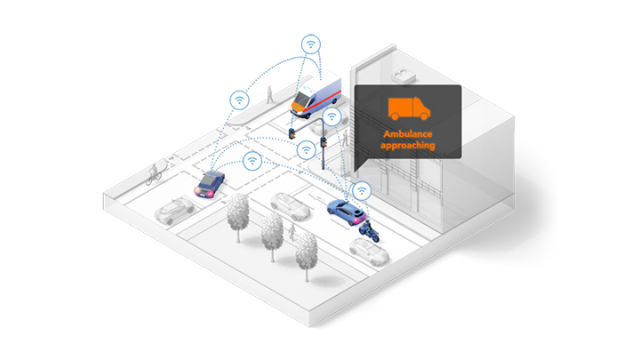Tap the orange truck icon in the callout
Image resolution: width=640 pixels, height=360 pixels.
[x=408, y=108]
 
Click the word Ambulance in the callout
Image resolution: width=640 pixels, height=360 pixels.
[x=408, y=133]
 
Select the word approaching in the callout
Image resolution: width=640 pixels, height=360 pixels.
[x=408, y=144]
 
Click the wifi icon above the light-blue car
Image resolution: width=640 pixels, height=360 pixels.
[x=361, y=190]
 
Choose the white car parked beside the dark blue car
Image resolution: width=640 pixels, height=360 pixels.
[x=173, y=210]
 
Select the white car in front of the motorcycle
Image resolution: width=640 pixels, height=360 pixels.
[x=368, y=251]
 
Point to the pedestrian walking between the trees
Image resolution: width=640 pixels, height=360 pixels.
[x=290, y=233]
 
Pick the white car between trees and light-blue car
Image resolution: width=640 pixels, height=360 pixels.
[x=290, y=205]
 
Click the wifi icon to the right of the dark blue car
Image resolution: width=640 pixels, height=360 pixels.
[x=252, y=162]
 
